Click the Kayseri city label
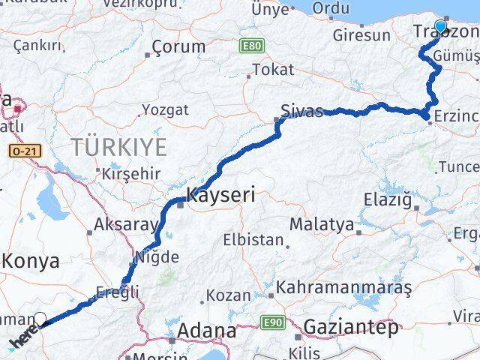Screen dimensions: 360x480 221,196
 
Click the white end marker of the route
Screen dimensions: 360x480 40,319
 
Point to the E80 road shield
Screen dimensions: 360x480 252,46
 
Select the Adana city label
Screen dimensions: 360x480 205,330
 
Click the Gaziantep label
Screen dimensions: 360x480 350,327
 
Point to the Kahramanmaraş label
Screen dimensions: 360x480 344,287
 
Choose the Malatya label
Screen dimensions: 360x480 321,223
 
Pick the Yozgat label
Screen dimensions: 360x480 165,109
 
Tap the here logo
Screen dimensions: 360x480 23,340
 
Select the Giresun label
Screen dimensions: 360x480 361,34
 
